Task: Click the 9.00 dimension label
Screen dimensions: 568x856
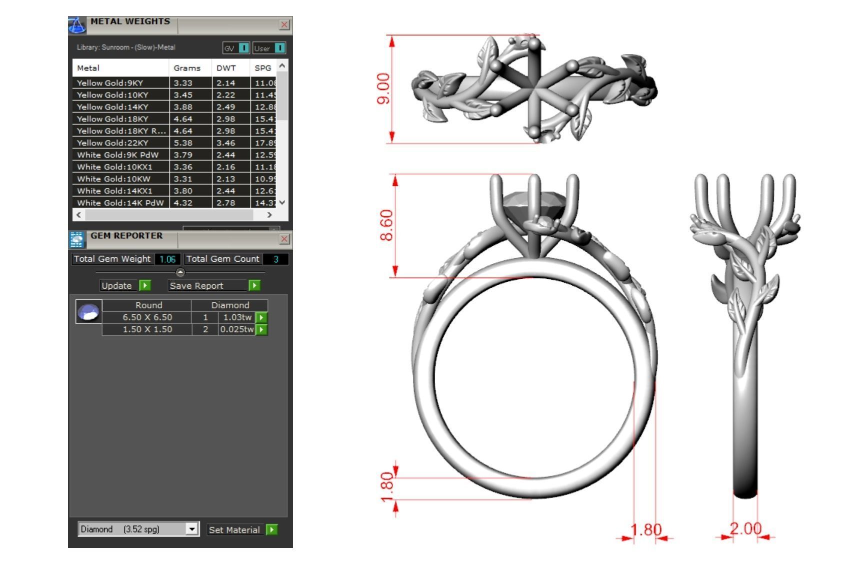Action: coord(383,88)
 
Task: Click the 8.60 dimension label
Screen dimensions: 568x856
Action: coord(386,225)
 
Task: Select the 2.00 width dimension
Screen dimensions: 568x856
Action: coord(745,529)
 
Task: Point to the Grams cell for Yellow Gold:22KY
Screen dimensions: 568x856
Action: coord(183,143)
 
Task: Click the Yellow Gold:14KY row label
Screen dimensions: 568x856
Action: coord(112,107)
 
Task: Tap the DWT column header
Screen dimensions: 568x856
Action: coord(226,68)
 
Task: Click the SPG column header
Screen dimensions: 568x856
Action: coord(262,68)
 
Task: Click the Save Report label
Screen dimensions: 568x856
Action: coord(196,286)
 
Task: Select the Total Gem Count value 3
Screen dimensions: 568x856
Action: coord(275,259)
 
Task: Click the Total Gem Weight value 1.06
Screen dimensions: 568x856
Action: coord(167,259)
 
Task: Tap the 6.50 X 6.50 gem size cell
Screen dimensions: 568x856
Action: coord(147,317)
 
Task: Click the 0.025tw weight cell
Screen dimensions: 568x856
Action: coord(236,330)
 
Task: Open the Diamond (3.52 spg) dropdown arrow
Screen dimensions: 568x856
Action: coord(192,529)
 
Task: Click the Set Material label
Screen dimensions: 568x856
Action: coord(234,530)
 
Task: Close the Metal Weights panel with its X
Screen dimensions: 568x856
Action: coord(284,24)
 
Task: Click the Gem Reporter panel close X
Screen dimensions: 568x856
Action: coord(284,239)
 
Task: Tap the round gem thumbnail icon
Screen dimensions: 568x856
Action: coord(89,312)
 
